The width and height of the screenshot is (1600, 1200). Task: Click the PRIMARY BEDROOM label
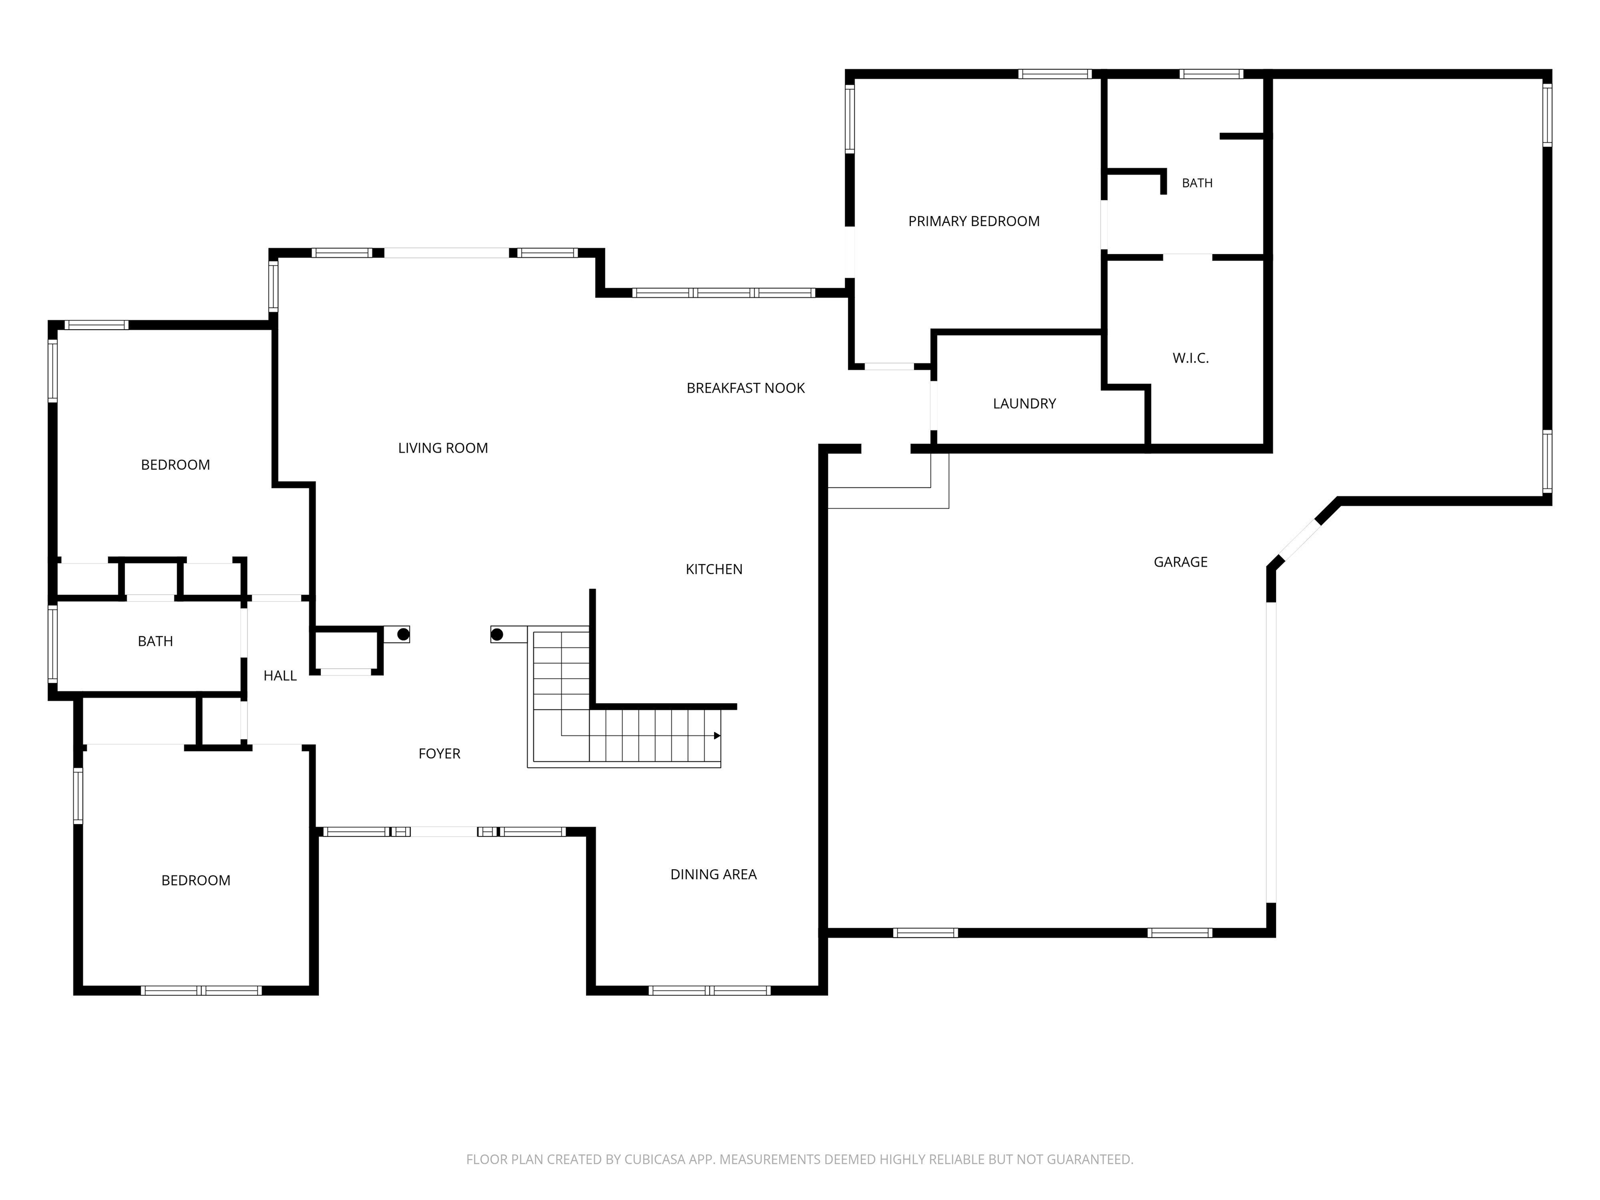click(x=973, y=221)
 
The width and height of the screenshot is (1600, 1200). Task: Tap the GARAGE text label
click(x=1181, y=562)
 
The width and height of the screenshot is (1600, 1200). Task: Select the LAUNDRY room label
click(x=1024, y=404)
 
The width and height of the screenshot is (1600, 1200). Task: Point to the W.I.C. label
click(x=1191, y=358)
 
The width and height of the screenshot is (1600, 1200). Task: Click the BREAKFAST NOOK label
click(x=746, y=389)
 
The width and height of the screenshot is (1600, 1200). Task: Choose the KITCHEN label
click(x=714, y=569)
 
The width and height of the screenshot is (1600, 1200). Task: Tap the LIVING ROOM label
click(x=443, y=448)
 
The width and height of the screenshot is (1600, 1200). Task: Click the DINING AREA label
click(x=713, y=874)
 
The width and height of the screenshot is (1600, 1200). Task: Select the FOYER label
click(x=439, y=754)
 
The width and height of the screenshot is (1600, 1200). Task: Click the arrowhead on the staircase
click(x=717, y=735)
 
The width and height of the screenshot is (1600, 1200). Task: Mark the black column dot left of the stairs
click(x=497, y=635)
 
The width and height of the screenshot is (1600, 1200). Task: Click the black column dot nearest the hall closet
click(x=404, y=634)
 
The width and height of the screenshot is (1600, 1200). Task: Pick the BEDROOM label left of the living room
click(x=175, y=465)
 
